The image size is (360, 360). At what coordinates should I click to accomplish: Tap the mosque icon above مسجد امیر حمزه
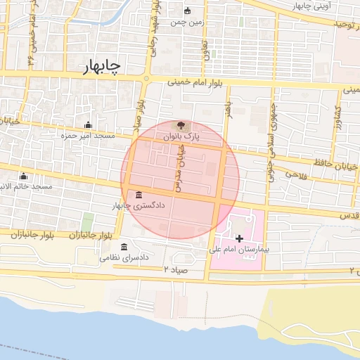tap(87, 125)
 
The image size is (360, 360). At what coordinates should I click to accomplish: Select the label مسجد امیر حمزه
tap(87, 135)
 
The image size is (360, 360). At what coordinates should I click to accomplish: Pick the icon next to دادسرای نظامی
tap(124, 247)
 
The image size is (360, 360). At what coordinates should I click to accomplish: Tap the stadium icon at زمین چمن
tap(187, 11)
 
